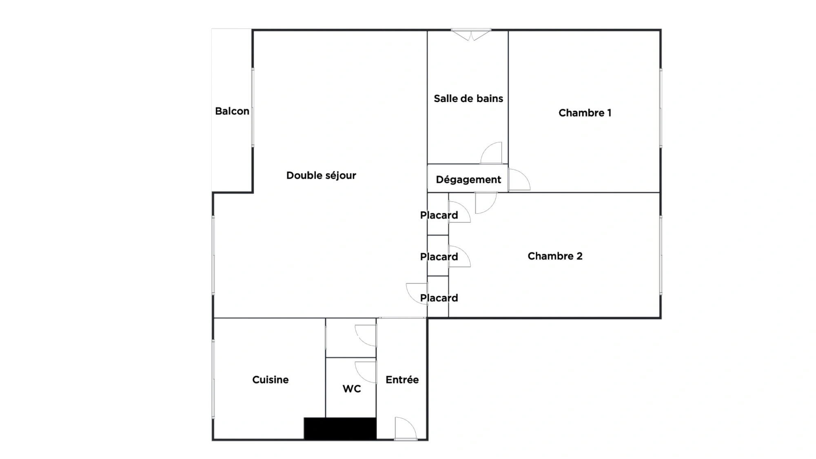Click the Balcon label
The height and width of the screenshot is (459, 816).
[232, 111]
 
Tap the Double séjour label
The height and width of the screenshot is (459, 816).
[321, 175]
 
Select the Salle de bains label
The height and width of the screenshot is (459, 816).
[468, 98]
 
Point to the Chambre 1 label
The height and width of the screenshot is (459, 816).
[585, 113]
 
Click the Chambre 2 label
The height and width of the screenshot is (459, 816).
[555, 256]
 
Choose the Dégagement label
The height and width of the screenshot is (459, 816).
[468, 180]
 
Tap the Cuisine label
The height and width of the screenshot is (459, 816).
[271, 379]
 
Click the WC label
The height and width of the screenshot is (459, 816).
[352, 389]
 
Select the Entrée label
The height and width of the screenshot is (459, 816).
[402, 379]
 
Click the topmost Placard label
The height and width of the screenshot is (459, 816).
[439, 215]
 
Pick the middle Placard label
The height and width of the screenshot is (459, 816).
[439, 257]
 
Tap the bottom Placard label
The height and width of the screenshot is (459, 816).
[439, 298]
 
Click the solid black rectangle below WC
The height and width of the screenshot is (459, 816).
[340, 428]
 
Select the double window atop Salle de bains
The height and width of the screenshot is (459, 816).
[471, 34]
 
